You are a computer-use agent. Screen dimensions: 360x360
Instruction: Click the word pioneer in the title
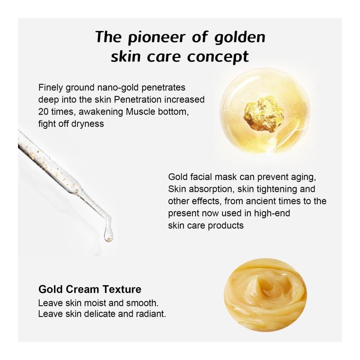pyautogui.click(x=156, y=37)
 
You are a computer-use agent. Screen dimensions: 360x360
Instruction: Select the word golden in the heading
pyautogui.click(x=240, y=37)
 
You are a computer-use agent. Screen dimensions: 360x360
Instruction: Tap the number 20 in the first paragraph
pyautogui.click(x=43, y=112)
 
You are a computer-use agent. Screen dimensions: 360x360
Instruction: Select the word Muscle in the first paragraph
pyautogui.click(x=140, y=112)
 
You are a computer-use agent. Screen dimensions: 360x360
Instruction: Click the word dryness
pyautogui.click(x=87, y=124)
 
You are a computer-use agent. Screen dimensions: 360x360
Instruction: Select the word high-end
pyautogui.click(x=272, y=213)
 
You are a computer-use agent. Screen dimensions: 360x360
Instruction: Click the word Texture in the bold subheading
pyautogui.click(x=122, y=289)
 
